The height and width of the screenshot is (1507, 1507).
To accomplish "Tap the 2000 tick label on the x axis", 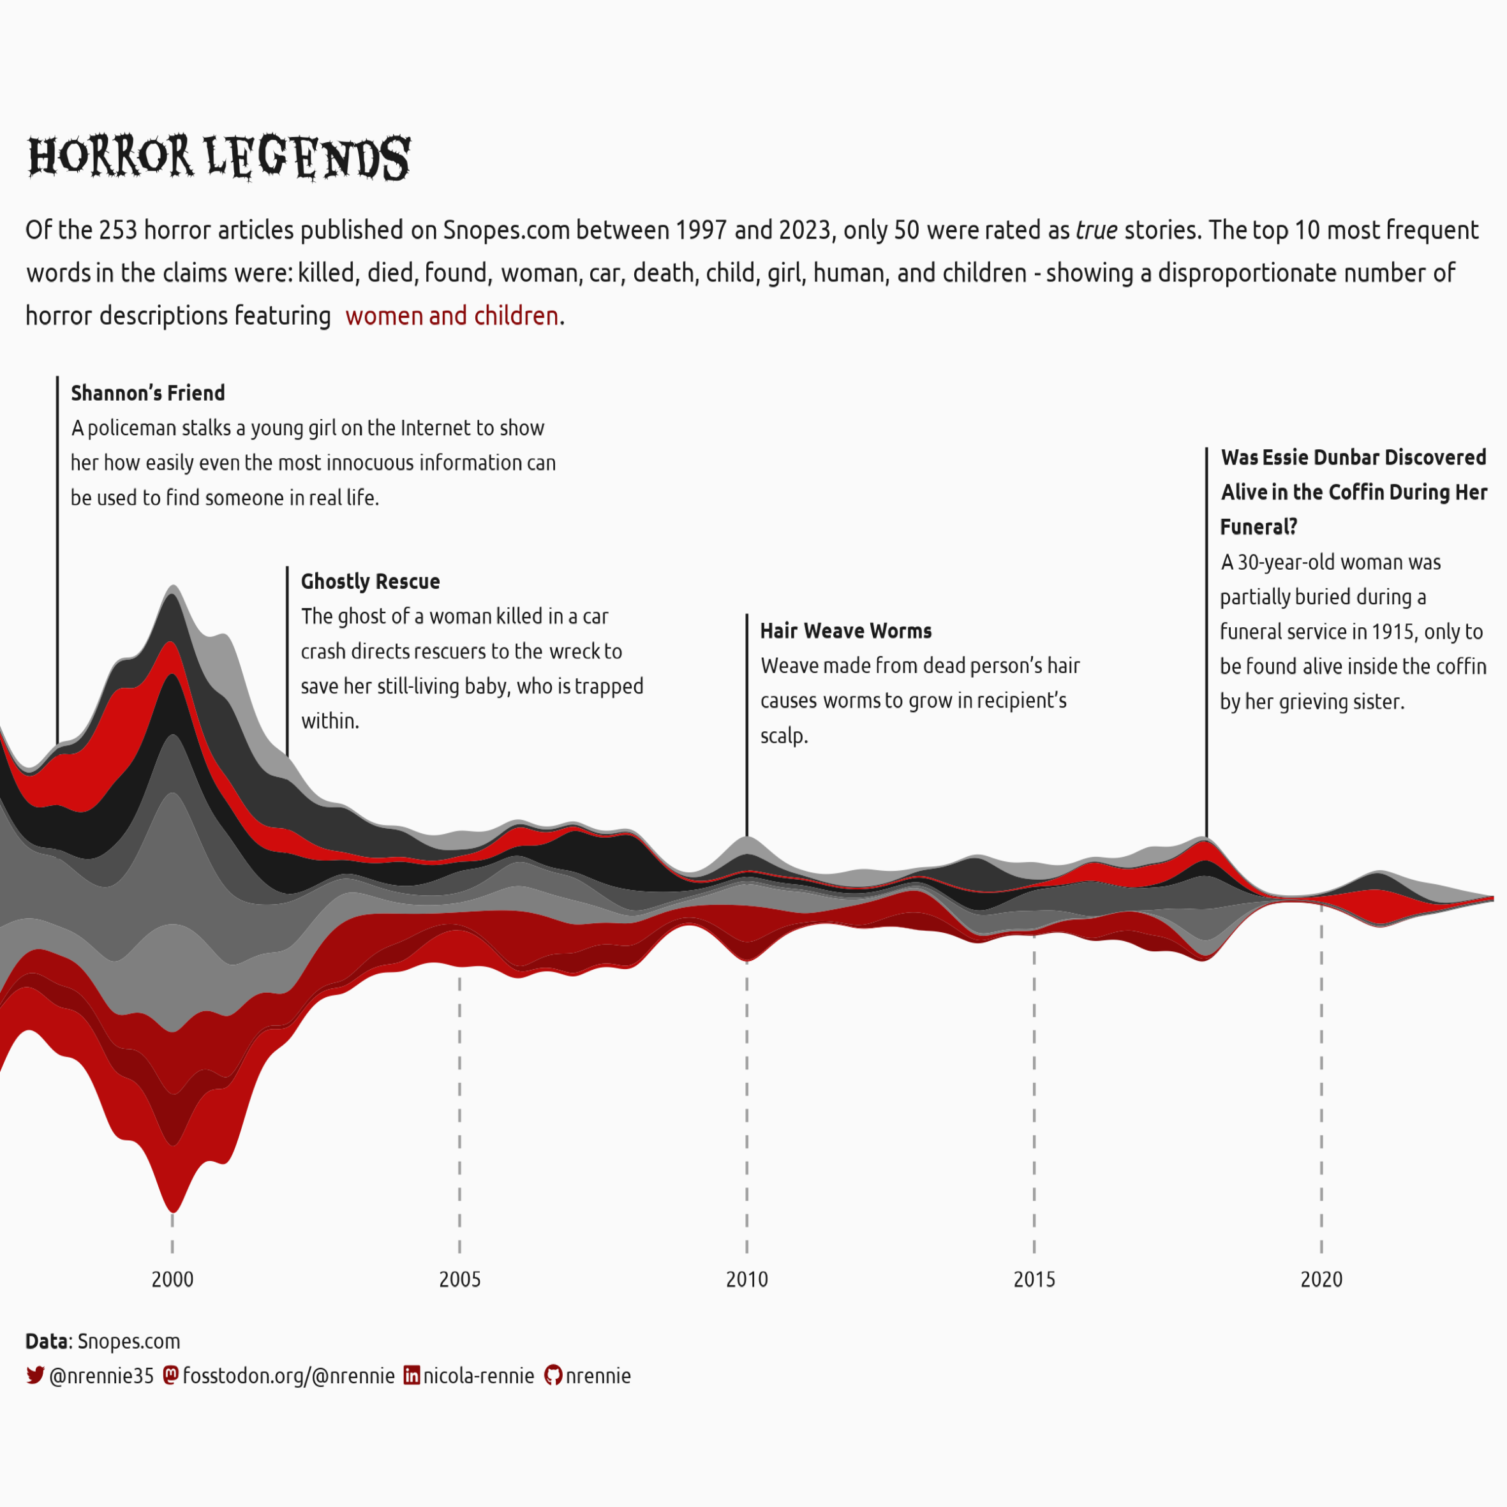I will coord(172,1279).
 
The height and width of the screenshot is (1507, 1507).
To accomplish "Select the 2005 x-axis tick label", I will coord(459,1279).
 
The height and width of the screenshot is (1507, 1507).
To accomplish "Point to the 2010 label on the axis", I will coord(746,1279).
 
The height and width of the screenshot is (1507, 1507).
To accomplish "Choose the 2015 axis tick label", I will coord(1034,1279).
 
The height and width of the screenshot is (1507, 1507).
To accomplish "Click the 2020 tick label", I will coord(1321,1279).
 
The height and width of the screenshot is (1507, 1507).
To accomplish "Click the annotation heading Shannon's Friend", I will coord(147,393).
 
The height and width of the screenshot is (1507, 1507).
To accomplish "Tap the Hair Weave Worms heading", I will coord(845,631).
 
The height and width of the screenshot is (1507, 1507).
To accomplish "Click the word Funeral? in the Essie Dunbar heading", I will coord(1258,527).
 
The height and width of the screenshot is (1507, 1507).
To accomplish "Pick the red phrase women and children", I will coord(452,316).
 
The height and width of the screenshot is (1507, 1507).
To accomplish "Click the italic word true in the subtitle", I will coord(1096,230).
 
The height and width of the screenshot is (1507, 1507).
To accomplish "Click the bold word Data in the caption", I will coord(47,1341).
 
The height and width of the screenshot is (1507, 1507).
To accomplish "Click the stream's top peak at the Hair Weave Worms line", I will coord(746,837).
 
